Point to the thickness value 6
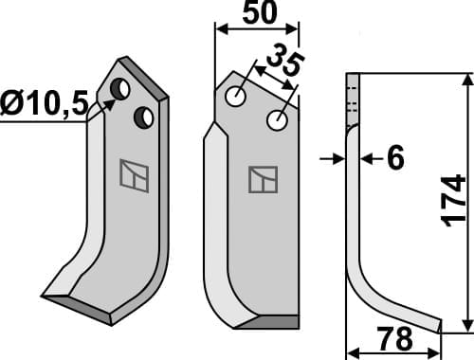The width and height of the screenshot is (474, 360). (x=394, y=159)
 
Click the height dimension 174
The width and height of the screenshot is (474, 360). (x=454, y=199)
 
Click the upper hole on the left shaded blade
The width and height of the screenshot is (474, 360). (x=120, y=89)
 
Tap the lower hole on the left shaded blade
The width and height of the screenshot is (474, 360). (x=143, y=117)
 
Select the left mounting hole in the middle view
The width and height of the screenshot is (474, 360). (x=236, y=96)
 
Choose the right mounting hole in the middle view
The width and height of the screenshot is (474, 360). (x=277, y=120)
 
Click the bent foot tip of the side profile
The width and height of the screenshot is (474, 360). (x=438, y=325)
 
